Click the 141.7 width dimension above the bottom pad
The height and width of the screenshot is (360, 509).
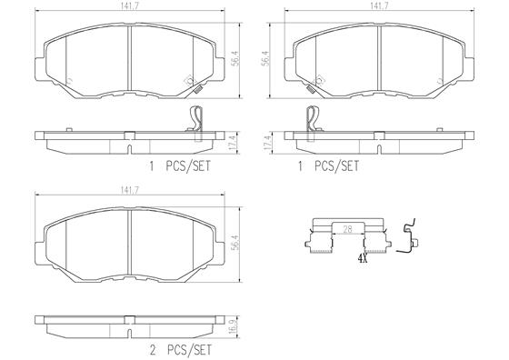click(129, 191)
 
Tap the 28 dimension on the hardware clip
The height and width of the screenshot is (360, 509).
click(347, 229)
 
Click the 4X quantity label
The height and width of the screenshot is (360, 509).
click(363, 259)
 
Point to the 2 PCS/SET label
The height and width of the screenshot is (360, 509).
click(180, 350)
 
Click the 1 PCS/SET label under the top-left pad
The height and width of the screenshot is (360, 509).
click(180, 166)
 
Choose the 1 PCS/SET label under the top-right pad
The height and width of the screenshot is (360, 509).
click(328, 166)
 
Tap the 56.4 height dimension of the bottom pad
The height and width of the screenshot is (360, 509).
click(236, 244)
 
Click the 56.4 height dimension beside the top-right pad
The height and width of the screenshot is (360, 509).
click(265, 58)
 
